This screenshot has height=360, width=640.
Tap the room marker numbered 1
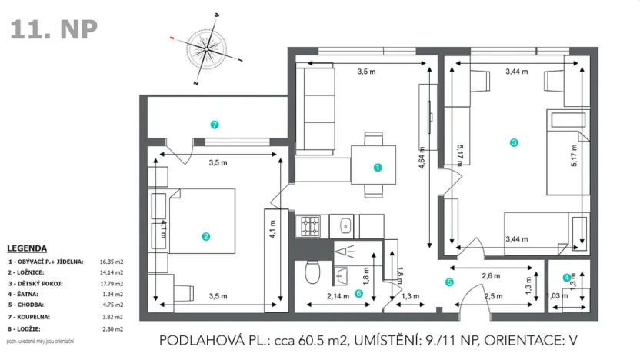377,167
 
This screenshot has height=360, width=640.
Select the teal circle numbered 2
205,237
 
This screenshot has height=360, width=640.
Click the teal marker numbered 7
215,123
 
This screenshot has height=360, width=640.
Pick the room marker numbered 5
450,282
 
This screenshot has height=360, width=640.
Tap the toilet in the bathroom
312,273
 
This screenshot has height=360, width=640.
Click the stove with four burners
310,226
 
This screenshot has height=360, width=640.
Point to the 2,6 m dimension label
492,275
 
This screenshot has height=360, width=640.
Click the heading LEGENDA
27,248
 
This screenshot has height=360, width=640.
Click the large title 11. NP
54,29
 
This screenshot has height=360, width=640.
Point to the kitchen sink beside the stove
346,226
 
